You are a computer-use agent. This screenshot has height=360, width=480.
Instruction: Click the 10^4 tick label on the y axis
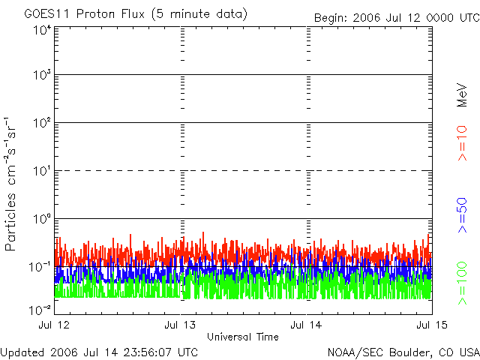click(x=40, y=30)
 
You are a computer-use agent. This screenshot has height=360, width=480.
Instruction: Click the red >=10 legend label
click(x=463, y=142)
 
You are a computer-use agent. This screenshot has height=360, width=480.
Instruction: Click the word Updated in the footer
click(x=22, y=351)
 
